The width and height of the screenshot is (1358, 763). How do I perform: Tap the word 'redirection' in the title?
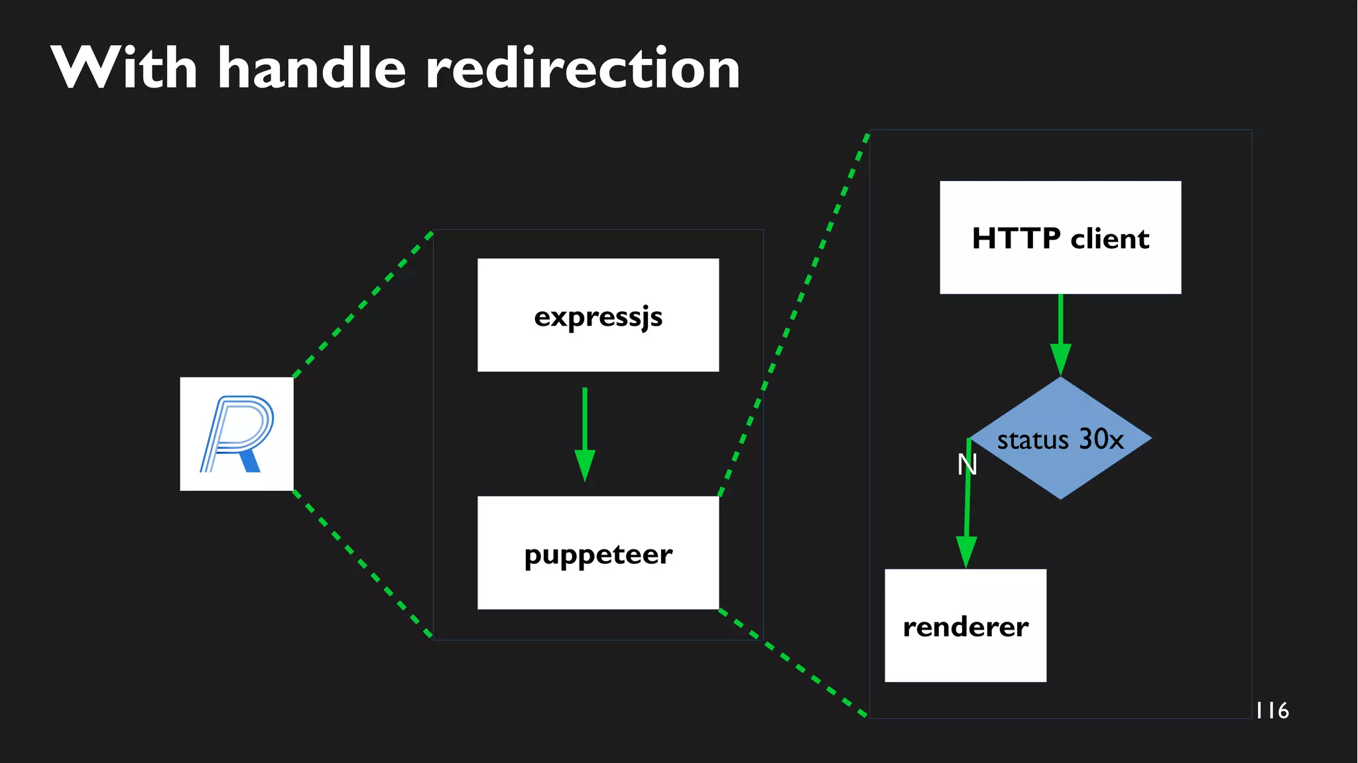click(582, 69)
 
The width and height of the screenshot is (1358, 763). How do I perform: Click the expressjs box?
click(598, 315)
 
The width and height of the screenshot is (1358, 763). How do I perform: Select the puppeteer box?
click(598, 553)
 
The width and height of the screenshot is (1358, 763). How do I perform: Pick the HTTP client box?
click(1060, 238)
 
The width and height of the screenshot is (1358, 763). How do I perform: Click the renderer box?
click(965, 626)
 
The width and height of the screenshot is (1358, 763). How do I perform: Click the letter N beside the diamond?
click(967, 464)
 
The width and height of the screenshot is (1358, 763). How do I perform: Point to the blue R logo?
click(237, 434)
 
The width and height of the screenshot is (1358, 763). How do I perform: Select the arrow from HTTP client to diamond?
click(1061, 332)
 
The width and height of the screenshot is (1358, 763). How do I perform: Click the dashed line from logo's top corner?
click(363, 305)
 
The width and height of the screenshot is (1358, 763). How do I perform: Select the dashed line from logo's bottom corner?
click(363, 564)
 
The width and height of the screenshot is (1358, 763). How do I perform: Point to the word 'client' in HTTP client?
click(1109, 239)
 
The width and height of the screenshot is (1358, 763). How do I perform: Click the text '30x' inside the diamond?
click(1101, 439)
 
